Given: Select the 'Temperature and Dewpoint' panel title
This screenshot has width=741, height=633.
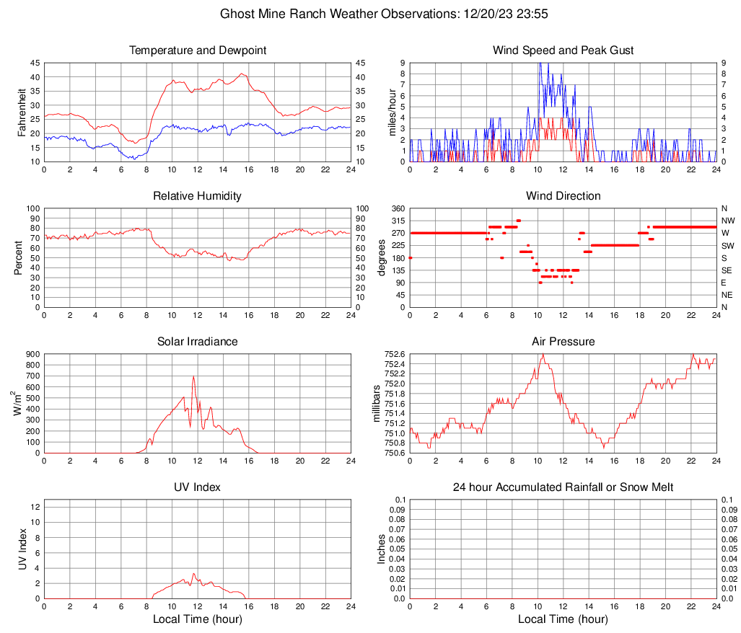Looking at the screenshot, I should tap(198, 50).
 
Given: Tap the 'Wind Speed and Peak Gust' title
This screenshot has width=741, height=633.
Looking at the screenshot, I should tap(563, 50).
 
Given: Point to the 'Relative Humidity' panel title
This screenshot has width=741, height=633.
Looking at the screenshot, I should tap(198, 196).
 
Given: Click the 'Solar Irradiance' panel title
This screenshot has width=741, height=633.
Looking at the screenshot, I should tap(198, 342).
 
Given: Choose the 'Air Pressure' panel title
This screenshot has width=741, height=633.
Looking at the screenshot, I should tap(563, 342).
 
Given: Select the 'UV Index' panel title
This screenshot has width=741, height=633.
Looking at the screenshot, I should tap(198, 487).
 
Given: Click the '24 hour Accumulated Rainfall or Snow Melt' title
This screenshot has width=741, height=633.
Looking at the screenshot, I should tap(563, 487).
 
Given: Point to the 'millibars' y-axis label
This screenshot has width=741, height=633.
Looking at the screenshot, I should tap(376, 403).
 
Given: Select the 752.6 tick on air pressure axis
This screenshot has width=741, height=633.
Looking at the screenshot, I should tap(394, 354).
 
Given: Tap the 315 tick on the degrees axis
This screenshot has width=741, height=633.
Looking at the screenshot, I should tap(397, 221).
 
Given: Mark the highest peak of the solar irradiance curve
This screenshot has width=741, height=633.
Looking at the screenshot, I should tap(193, 376).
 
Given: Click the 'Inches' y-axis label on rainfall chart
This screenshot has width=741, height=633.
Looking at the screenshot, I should tap(382, 549).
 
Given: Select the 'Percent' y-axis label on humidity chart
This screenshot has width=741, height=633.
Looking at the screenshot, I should tap(19, 257).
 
